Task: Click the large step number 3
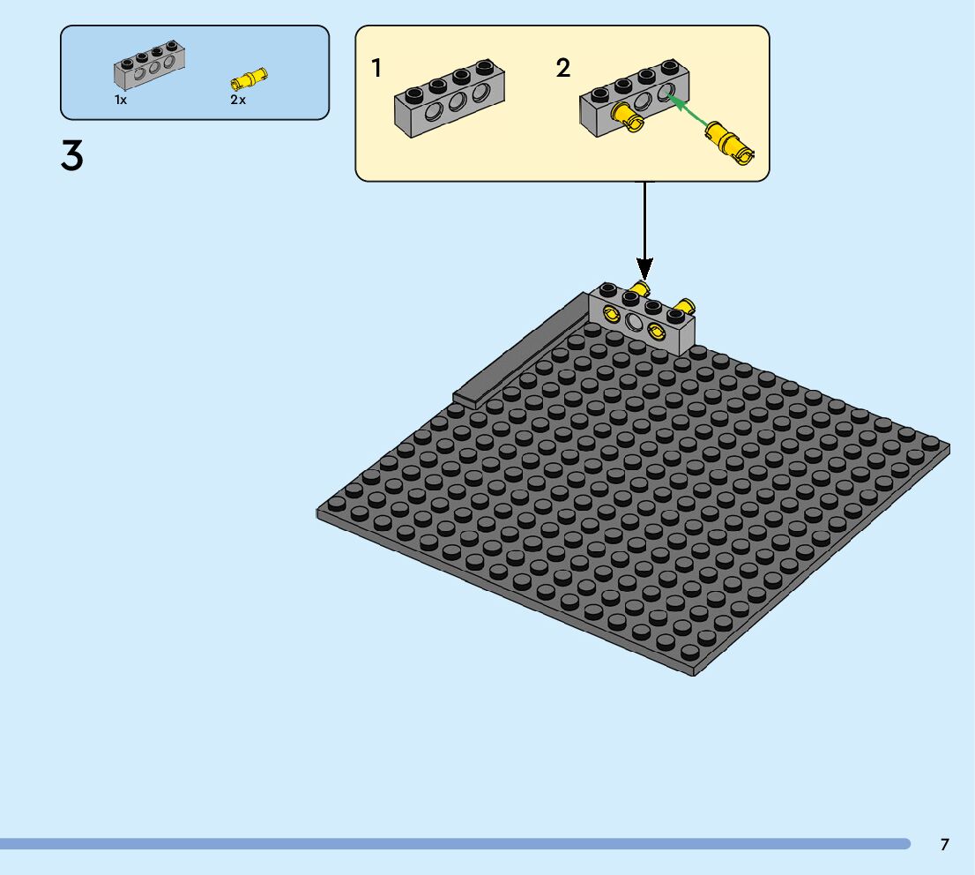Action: click(72, 156)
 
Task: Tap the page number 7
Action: click(944, 844)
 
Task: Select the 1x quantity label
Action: click(121, 100)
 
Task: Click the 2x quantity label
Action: click(238, 100)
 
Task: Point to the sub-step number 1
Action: click(376, 68)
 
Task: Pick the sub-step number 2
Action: click(563, 68)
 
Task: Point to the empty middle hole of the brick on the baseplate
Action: click(635, 322)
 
